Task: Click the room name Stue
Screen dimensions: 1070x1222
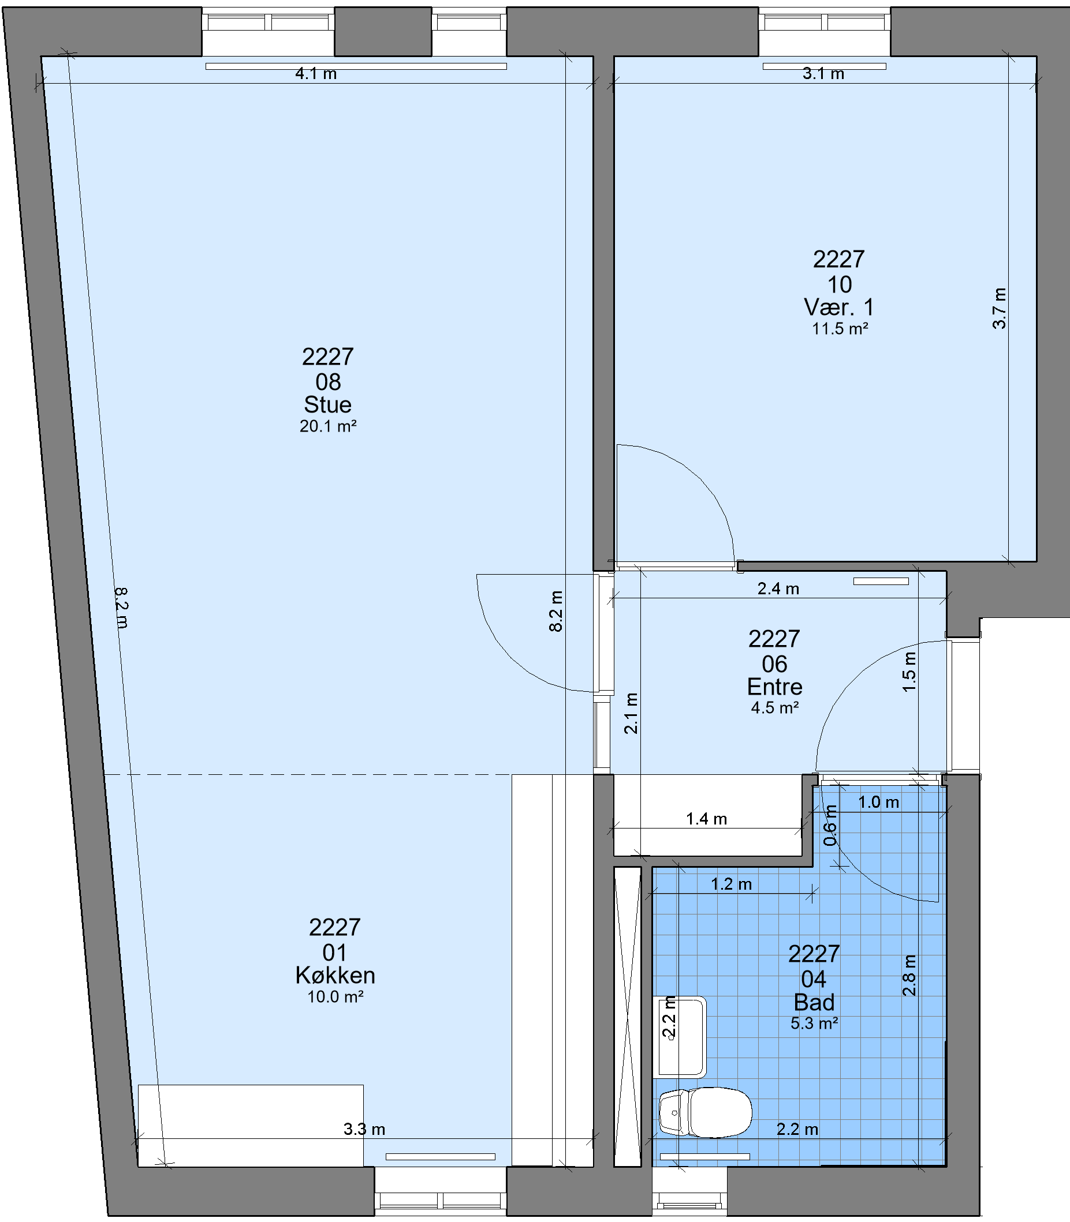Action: (328, 404)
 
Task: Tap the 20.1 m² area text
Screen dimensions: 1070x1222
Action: (328, 426)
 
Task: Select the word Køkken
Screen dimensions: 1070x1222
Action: (335, 975)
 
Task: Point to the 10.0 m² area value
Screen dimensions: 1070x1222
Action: (335, 996)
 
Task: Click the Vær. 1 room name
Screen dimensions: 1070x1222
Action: (839, 308)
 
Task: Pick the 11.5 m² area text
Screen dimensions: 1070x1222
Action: (840, 329)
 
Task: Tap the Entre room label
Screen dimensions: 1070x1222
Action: (774, 687)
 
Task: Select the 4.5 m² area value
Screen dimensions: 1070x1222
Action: (775, 708)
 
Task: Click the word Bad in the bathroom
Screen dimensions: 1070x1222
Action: (814, 1002)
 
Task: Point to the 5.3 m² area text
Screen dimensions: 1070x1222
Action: (814, 1024)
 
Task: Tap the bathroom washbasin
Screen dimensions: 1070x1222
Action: (680, 1037)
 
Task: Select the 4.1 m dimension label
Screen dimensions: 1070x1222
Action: (316, 74)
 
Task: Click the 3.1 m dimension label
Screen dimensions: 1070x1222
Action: (823, 74)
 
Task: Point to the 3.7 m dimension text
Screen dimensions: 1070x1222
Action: (1000, 308)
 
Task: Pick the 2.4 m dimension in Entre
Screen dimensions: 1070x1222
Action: (778, 589)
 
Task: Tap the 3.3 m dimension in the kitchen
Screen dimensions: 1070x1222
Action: (364, 1130)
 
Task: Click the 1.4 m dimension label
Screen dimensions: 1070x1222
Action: (706, 819)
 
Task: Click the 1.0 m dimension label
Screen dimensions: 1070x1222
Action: (878, 803)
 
